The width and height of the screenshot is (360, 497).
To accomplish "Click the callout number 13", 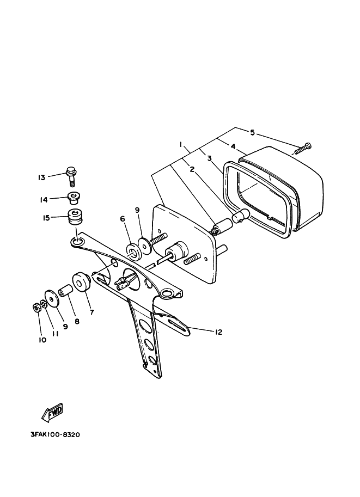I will [x=41, y=177].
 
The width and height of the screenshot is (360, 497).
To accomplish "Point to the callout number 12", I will [x=219, y=332].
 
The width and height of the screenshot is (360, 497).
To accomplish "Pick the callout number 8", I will [x=77, y=322].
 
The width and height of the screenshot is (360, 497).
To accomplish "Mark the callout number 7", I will [x=91, y=312].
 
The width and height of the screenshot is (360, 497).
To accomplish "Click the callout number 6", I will [x=123, y=218].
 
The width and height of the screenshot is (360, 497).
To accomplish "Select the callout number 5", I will [x=253, y=132].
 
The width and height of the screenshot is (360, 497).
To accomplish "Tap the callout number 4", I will [x=233, y=146].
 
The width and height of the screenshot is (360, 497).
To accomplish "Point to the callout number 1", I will [x=180, y=144].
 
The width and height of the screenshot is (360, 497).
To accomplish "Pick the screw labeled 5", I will [x=303, y=148].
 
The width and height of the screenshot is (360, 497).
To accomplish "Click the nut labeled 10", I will [x=35, y=307].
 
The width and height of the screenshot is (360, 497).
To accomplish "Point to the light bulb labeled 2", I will [x=240, y=217].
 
